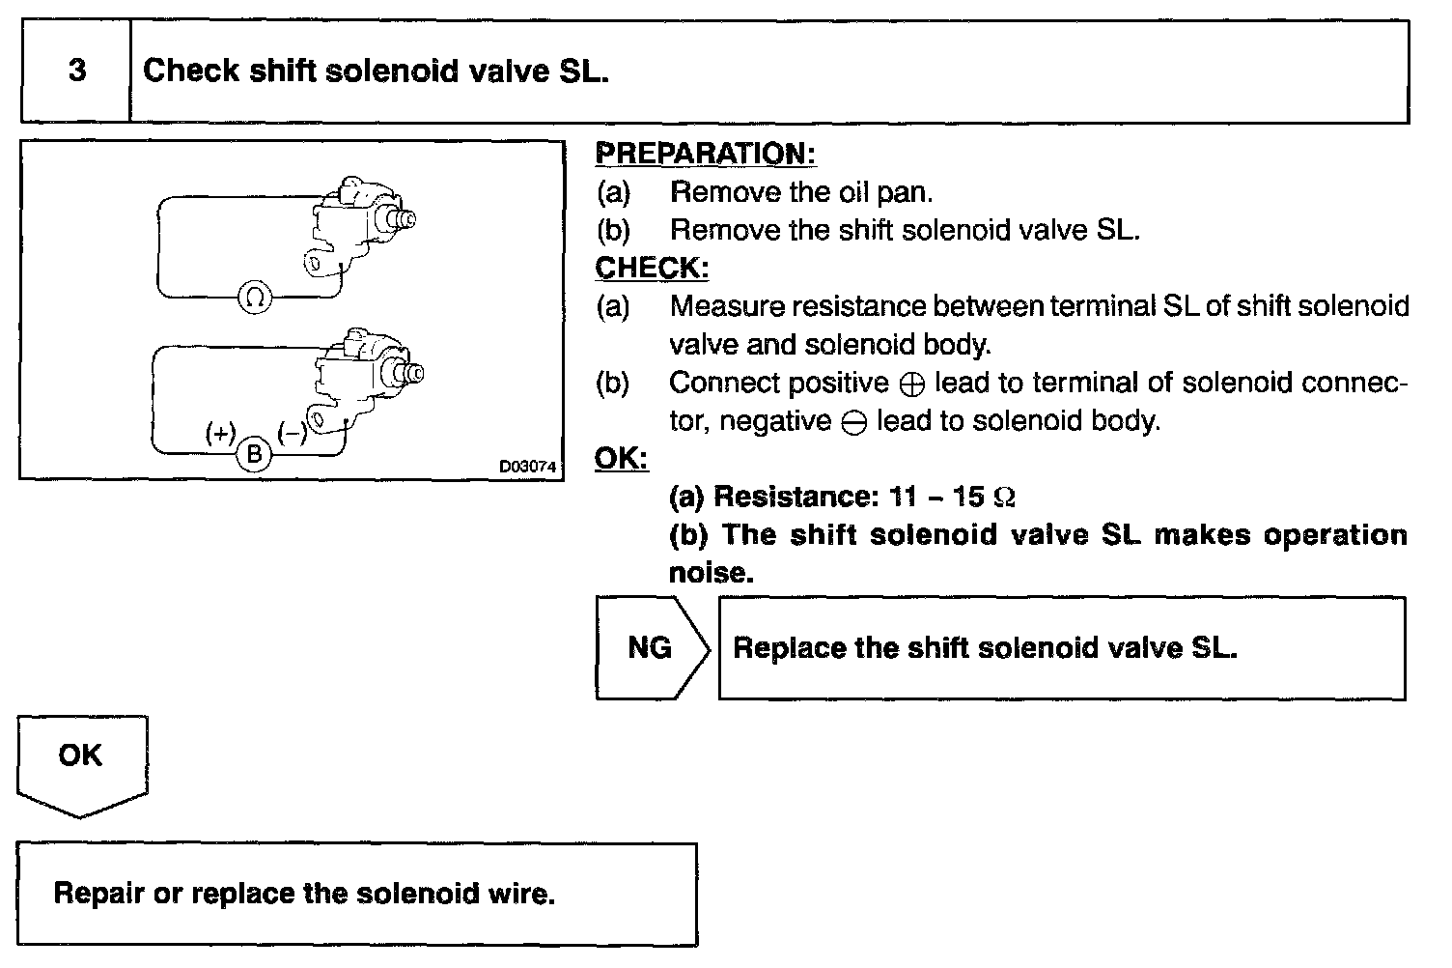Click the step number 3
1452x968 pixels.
pos(76,71)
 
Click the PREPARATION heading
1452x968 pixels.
pos(705,154)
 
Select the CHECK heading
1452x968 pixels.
pos(651,268)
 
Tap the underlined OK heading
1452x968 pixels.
pos(621,458)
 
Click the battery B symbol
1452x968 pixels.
pos(254,453)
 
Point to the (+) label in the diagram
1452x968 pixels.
pos(221,433)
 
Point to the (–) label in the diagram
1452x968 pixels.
pos(292,433)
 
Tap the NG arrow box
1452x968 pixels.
pos(651,647)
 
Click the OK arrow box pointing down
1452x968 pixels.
pos(81,762)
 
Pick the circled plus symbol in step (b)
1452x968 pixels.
pos(911,384)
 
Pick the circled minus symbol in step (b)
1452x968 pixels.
pos(853,423)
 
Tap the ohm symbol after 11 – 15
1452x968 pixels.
pos(1004,498)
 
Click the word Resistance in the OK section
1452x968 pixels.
pos(792,497)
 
